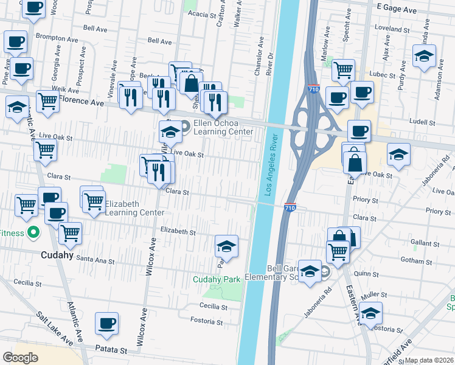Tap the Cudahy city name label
point(57,255)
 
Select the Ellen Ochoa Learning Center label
point(223,127)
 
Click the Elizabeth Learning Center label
point(134,208)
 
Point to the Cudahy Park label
point(218,279)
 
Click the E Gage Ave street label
point(397,10)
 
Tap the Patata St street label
point(110,350)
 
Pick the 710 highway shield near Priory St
point(290,207)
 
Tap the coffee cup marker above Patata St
point(107,322)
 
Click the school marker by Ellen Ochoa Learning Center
point(170,131)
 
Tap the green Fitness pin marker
point(34,233)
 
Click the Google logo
point(20,358)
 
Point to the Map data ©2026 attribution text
point(429,360)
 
